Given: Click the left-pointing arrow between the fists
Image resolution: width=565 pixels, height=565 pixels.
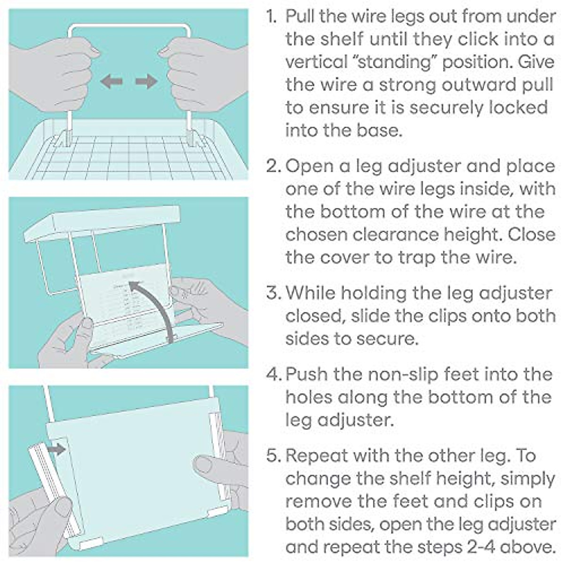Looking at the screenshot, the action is pos(111,81).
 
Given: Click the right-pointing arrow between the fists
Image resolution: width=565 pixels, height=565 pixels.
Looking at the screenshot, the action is pos(147,81).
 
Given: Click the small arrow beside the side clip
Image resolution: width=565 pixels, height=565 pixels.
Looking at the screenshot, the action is pos(57,449).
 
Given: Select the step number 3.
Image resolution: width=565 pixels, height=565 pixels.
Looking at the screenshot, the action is pos(273,293).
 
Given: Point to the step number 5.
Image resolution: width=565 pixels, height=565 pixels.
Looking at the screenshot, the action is pos(273,456).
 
